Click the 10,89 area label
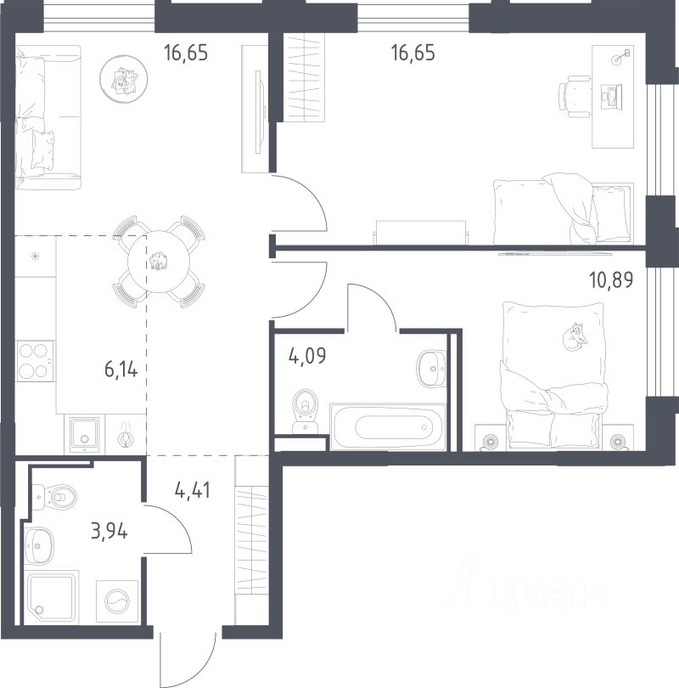pos(611,279)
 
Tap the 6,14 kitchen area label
pos(121,369)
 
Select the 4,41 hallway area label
pos(193,490)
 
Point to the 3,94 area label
pos(109,532)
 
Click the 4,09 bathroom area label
pos(307,355)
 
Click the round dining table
pos(159,262)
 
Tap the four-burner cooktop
pos(35,361)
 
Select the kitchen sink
pos(85,435)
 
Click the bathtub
pos(388,426)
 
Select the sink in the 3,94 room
pos(38,545)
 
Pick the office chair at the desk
pos(575,97)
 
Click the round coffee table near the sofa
pos(123,79)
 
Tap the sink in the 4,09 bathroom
pos(432,368)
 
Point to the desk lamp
pos(621,57)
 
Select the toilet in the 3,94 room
pos(54,497)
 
